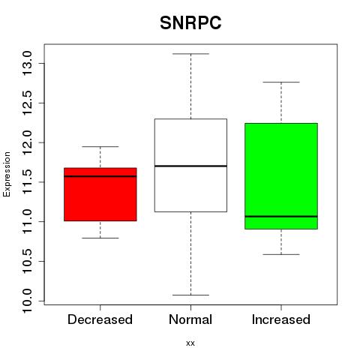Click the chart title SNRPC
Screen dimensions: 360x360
[x=190, y=22]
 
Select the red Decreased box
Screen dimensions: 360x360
[x=100, y=194]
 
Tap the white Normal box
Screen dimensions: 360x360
[x=190, y=165]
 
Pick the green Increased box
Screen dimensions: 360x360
[x=281, y=176]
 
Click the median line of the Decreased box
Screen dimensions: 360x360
[x=100, y=176]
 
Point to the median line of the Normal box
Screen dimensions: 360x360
[x=190, y=166]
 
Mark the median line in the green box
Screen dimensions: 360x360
[x=281, y=216]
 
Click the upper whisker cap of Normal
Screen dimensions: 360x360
[x=190, y=54]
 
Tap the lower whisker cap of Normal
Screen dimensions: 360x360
[x=190, y=295]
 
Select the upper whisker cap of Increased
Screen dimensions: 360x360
[x=281, y=82]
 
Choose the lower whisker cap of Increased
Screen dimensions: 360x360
[x=281, y=254]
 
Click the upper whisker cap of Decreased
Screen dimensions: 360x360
[x=100, y=146]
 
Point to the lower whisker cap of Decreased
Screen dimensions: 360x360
[x=100, y=238]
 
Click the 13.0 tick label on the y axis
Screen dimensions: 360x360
[x=27, y=63]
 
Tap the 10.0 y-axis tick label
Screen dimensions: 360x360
[x=27, y=301]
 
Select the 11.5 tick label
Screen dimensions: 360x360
[x=27, y=182]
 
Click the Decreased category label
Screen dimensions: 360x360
[x=100, y=319]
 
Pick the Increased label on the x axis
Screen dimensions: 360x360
[x=281, y=319]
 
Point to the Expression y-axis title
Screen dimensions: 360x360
[x=7, y=174]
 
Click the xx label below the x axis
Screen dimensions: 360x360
[x=190, y=343]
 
